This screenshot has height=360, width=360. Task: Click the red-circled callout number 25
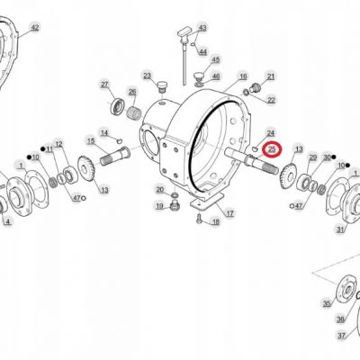[x=272, y=149]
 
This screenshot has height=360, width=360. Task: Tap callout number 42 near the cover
[x=35, y=28]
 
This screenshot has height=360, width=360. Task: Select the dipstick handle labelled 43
[x=184, y=34]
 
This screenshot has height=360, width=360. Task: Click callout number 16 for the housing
[x=243, y=76]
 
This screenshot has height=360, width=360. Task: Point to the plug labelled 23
[x=162, y=86]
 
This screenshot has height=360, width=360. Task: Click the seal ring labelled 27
[x=117, y=106]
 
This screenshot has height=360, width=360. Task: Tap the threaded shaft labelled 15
[x=115, y=157]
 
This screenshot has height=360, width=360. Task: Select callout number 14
[x=104, y=133]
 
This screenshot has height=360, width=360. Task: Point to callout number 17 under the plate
[x=229, y=213]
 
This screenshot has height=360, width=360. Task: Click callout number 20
[x=160, y=189]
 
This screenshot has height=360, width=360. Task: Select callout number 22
[x=271, y=100]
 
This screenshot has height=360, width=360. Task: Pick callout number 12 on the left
[x=58, y=144]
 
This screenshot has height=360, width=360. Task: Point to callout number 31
[x=340, y=229]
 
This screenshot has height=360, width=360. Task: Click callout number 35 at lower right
[x=327, y=303]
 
